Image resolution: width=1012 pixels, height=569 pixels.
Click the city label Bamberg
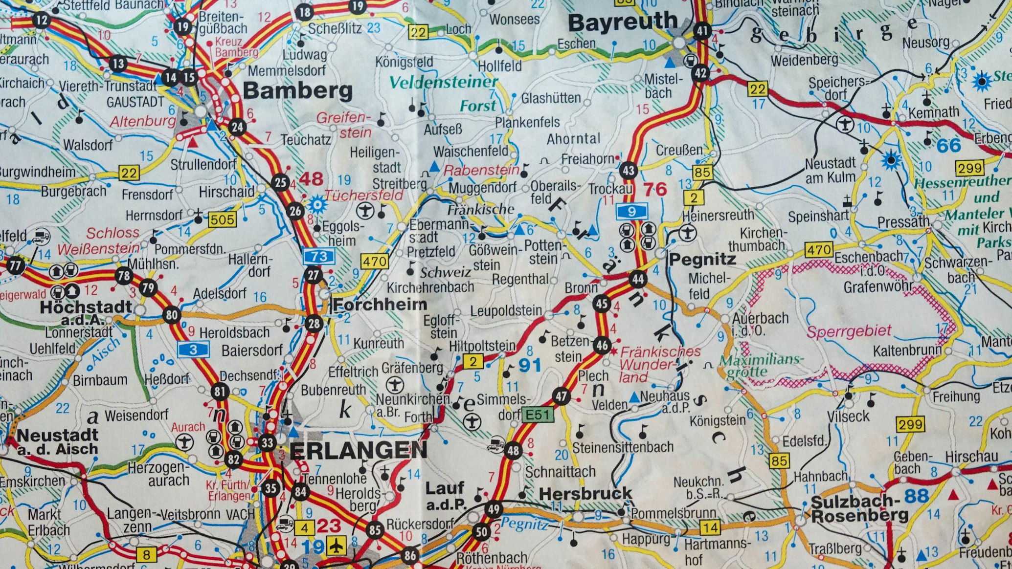(297, 91)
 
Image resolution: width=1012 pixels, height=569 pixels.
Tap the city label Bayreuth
(623, 22)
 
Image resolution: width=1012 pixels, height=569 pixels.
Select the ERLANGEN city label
(359, 450)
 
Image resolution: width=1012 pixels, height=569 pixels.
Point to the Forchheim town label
(380, 305)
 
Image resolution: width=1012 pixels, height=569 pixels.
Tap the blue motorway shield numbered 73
(318, 256)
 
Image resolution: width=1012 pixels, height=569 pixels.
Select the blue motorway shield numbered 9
(631, 212)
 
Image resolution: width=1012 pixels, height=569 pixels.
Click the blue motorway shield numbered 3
(194, 349)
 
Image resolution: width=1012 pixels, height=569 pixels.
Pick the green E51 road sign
(538, 415)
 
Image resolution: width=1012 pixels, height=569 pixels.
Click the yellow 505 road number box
(223, 219)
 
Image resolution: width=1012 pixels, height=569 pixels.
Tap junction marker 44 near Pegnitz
(637, 280)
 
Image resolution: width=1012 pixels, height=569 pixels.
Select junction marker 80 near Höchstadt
(171, 314)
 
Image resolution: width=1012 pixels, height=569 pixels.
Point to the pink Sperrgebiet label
(849, 332)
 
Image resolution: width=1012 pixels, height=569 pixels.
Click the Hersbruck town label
(585, 494)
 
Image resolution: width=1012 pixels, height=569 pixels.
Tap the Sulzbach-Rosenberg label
(859, 508)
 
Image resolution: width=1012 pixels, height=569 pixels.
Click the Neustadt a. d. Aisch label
(57, 441)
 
